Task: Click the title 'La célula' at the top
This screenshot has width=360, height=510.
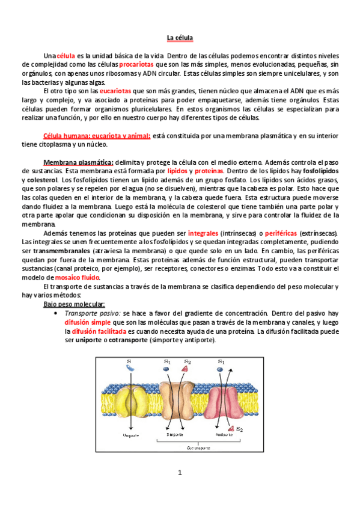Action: coord(180,38)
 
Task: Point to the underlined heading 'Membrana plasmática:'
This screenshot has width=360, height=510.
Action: coord(78,162)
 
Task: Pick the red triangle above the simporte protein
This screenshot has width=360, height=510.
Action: coord(188,369)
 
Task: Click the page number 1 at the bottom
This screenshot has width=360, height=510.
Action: coord(179,473)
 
